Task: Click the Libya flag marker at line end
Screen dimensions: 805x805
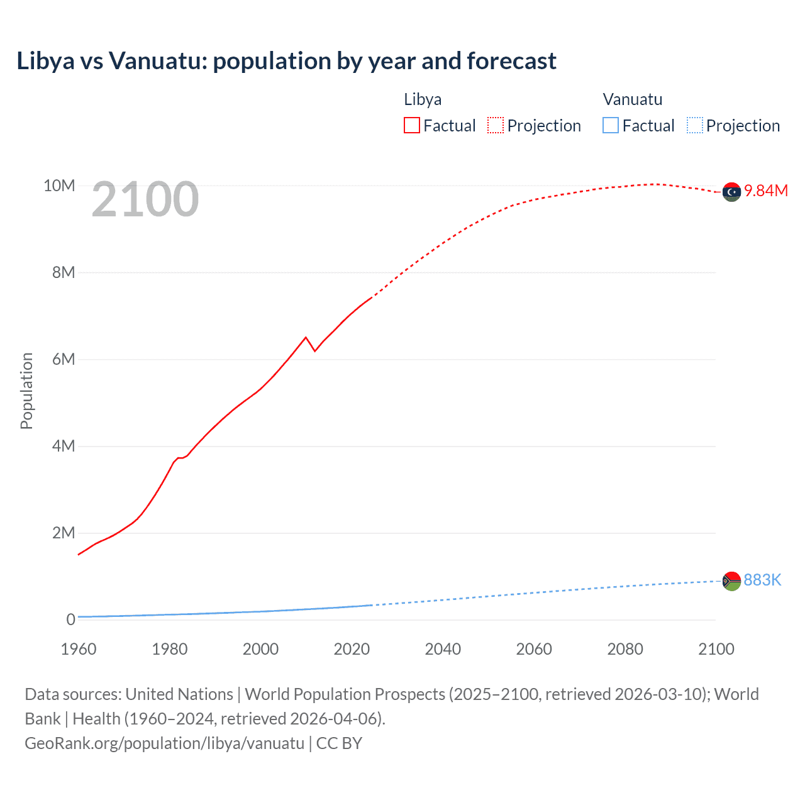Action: pyautogui.click(x=731, y=192)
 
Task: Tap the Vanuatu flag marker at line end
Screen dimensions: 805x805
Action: pyautogui.click(x=731, y=581)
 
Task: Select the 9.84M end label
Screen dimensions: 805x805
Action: pyautogui.click(x=766, y=191)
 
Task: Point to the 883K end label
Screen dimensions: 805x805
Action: pyautogui.click(x=762, y=580)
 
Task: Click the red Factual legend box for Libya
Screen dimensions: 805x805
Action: pyautogui.click(x=411, y=125)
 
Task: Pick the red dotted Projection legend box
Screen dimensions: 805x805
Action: pyautogui.click(x=496, y=125)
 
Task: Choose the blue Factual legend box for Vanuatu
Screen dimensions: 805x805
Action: pyautogui.click(x=610, y=125)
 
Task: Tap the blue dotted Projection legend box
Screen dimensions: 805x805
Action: pyautogui.click(x=694, y=125)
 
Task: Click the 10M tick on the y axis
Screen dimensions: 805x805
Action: pyautogui.click(x=59, y=186)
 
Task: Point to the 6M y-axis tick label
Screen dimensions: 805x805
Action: pyautogui.click(x=64, y=359)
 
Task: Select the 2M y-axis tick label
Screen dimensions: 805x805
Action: pyautogui.click(x=64, y=533)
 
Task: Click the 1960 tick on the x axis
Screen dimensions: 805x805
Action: pyautogui.click(x=79, y=649)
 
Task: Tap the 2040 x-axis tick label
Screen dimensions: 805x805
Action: pyautogui.click(x=443, y=649)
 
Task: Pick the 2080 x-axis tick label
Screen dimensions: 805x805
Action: pyautogui.click(x=625, y=649)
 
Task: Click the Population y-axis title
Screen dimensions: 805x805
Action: pyautogui.click(x=26, y=391)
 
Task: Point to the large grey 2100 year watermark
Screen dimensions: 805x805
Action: pyautogui.click(x=145, y=199)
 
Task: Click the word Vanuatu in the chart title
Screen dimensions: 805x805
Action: pyautogui.click(x=157, y=61)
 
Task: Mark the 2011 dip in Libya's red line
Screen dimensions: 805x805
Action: pyautogui.click(x=314, y=350)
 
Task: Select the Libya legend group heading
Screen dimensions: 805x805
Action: pyautogui.click(x=423, y=99)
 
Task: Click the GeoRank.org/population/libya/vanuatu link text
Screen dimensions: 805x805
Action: pyautogui.click(x=164, y=743)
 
